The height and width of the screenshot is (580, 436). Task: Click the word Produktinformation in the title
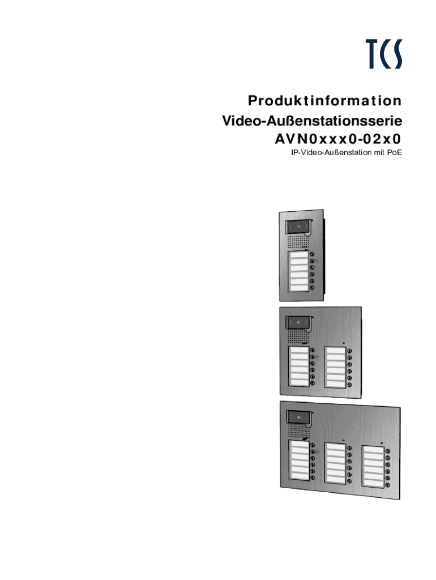[324, 101]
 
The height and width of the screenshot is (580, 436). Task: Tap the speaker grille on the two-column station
[296, 339]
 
